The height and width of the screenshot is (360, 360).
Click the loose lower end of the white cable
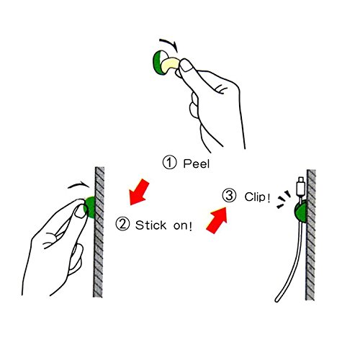click(x=278, y=297)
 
